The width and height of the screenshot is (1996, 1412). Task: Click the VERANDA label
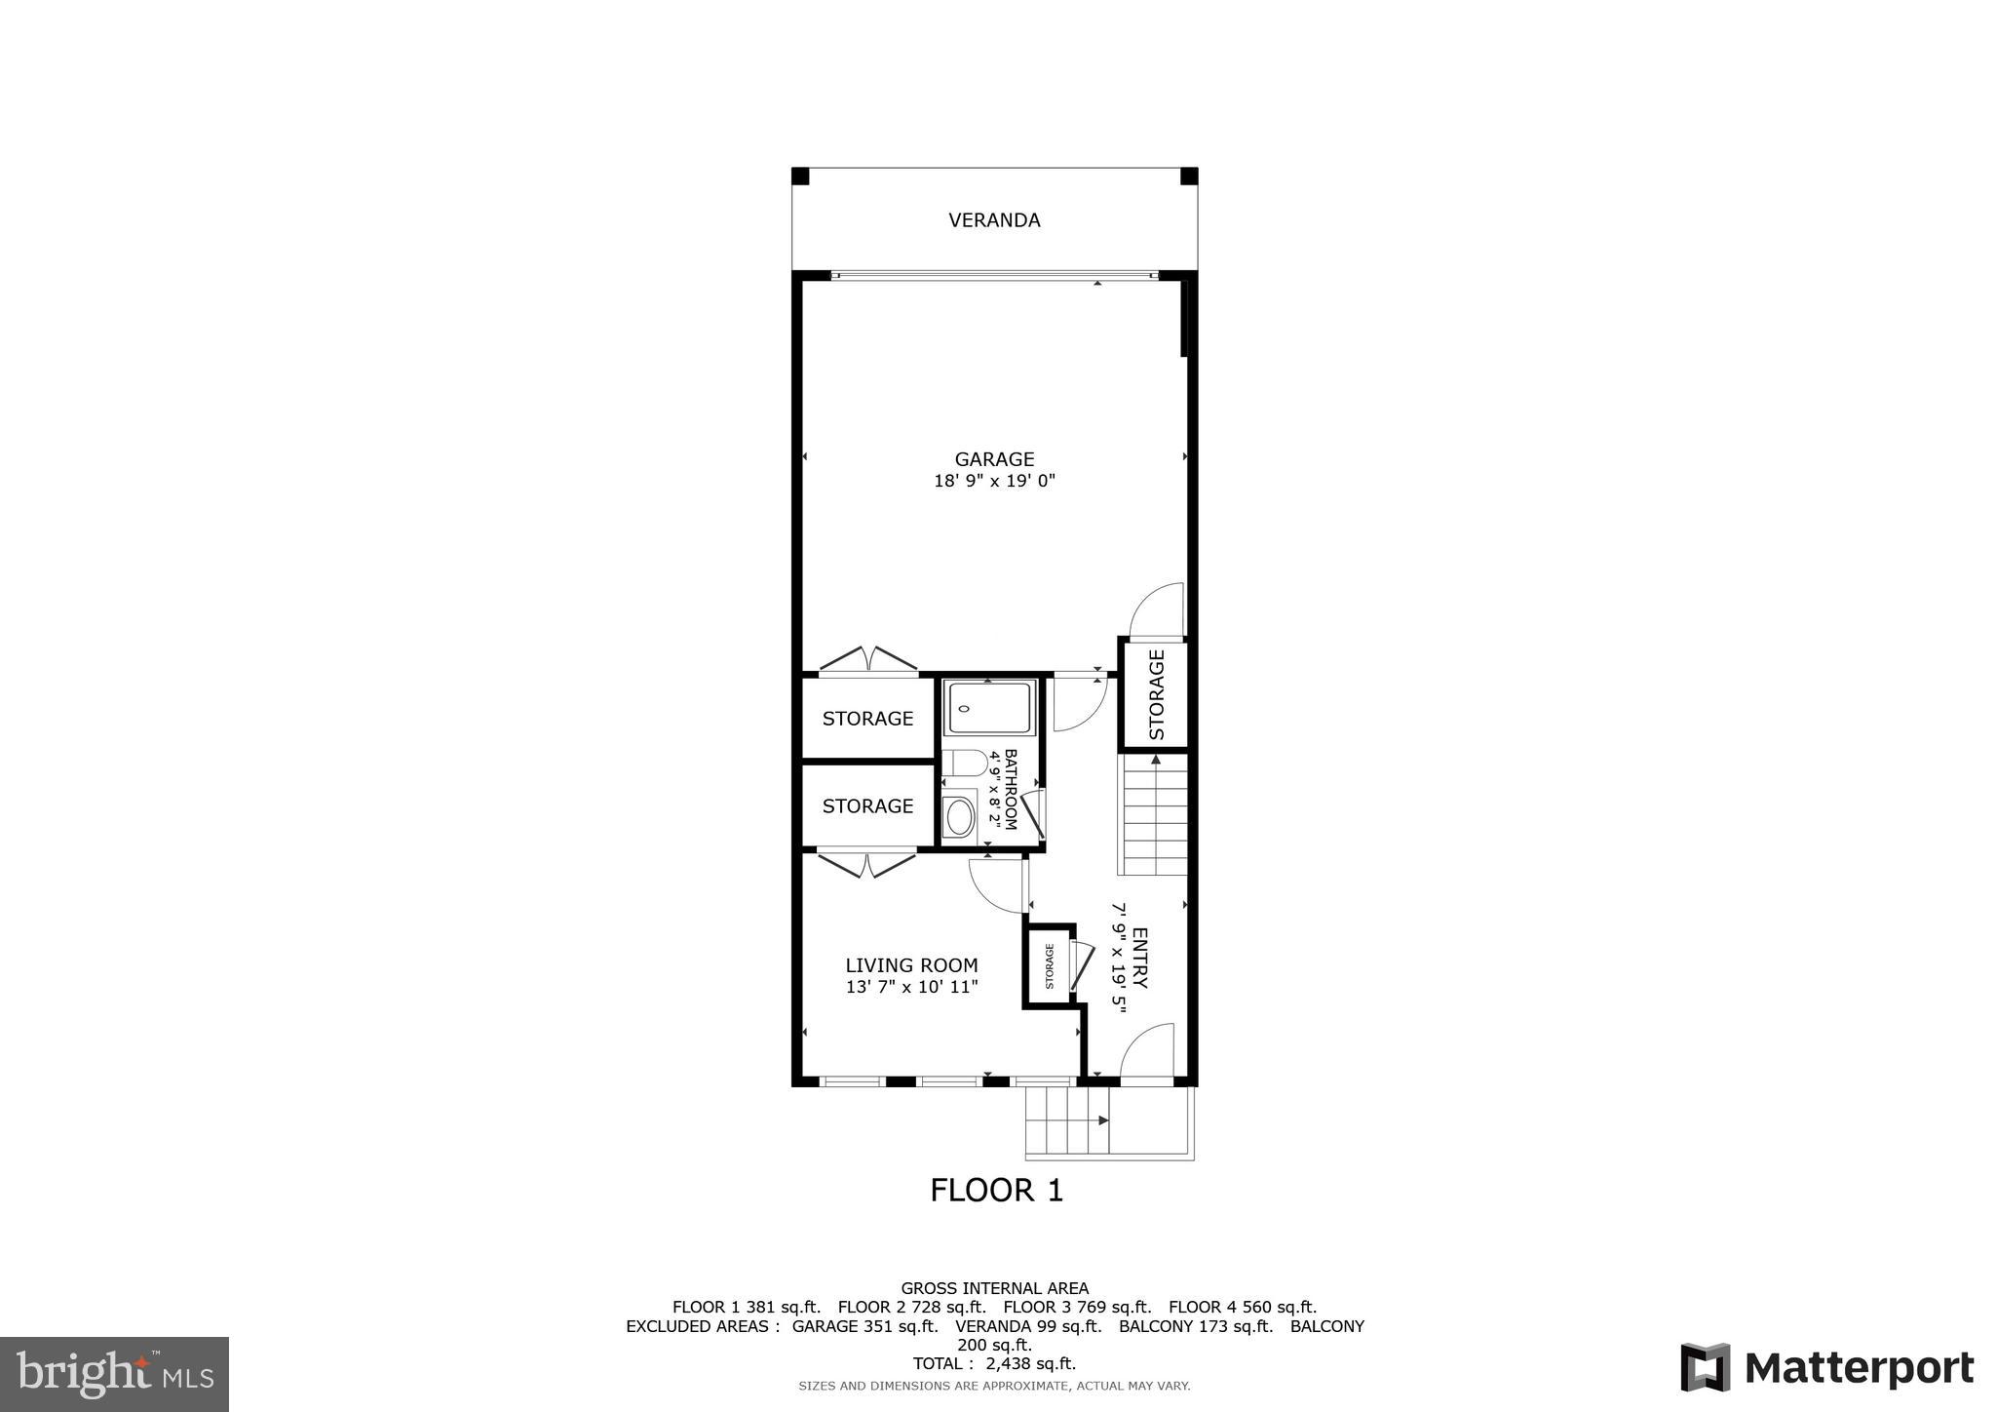click(x=994, y=220)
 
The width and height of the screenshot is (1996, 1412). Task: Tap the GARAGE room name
click(x=994, y=458)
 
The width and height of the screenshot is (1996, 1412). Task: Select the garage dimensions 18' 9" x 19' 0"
click(x=994, y=481)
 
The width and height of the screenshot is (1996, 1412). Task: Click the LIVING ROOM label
click(x=911, y=965)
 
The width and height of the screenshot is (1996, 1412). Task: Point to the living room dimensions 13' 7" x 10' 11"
click(x=911, y=987)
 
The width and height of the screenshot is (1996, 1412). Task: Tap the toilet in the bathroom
click(x=961, y=763)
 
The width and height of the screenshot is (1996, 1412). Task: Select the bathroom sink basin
click(x=960, y=817)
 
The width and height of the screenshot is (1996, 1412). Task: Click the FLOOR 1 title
click(x=996, y=1191)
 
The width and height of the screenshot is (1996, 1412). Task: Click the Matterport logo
click(x=1827, y=1368)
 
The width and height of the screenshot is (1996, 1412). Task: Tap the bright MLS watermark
click(x=114, y=1374)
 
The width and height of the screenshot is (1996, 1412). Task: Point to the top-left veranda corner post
click(x=800, y=176)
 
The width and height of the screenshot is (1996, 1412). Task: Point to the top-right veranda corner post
click(x=1189, y=176)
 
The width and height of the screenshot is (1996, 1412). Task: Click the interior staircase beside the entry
click(x=1156, y=817)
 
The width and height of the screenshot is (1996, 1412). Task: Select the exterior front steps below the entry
click(x=1068, y=1120)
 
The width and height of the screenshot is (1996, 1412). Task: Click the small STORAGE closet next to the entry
click(x=1049, y=965)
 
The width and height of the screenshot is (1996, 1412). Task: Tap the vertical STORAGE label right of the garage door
click(x=1157, y=694)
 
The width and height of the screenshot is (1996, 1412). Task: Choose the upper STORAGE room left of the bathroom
click(x=867, y=719)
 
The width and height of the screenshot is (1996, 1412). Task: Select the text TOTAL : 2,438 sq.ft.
click(x=994, y=1364)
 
